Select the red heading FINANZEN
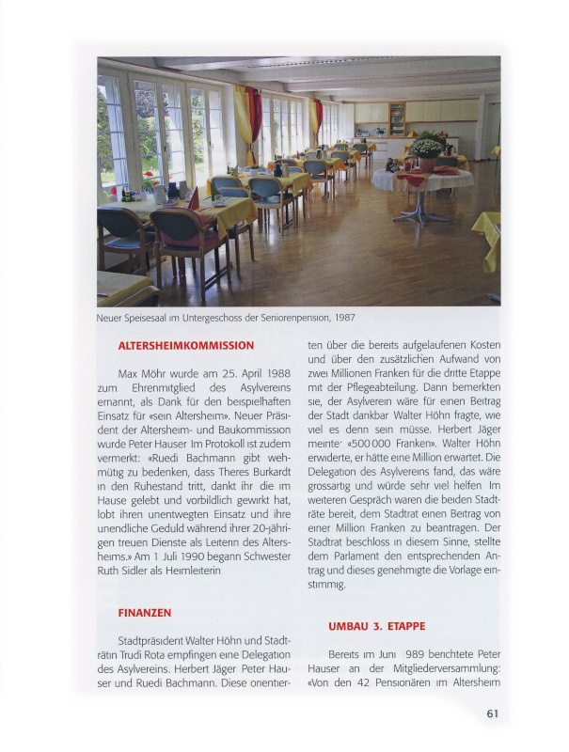coord(144,612)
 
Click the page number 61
coord(492,714)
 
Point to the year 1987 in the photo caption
coord(343,317)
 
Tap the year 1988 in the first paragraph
coord(259,373)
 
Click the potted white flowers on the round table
coord(426,146)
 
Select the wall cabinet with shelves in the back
coord(397,117)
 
